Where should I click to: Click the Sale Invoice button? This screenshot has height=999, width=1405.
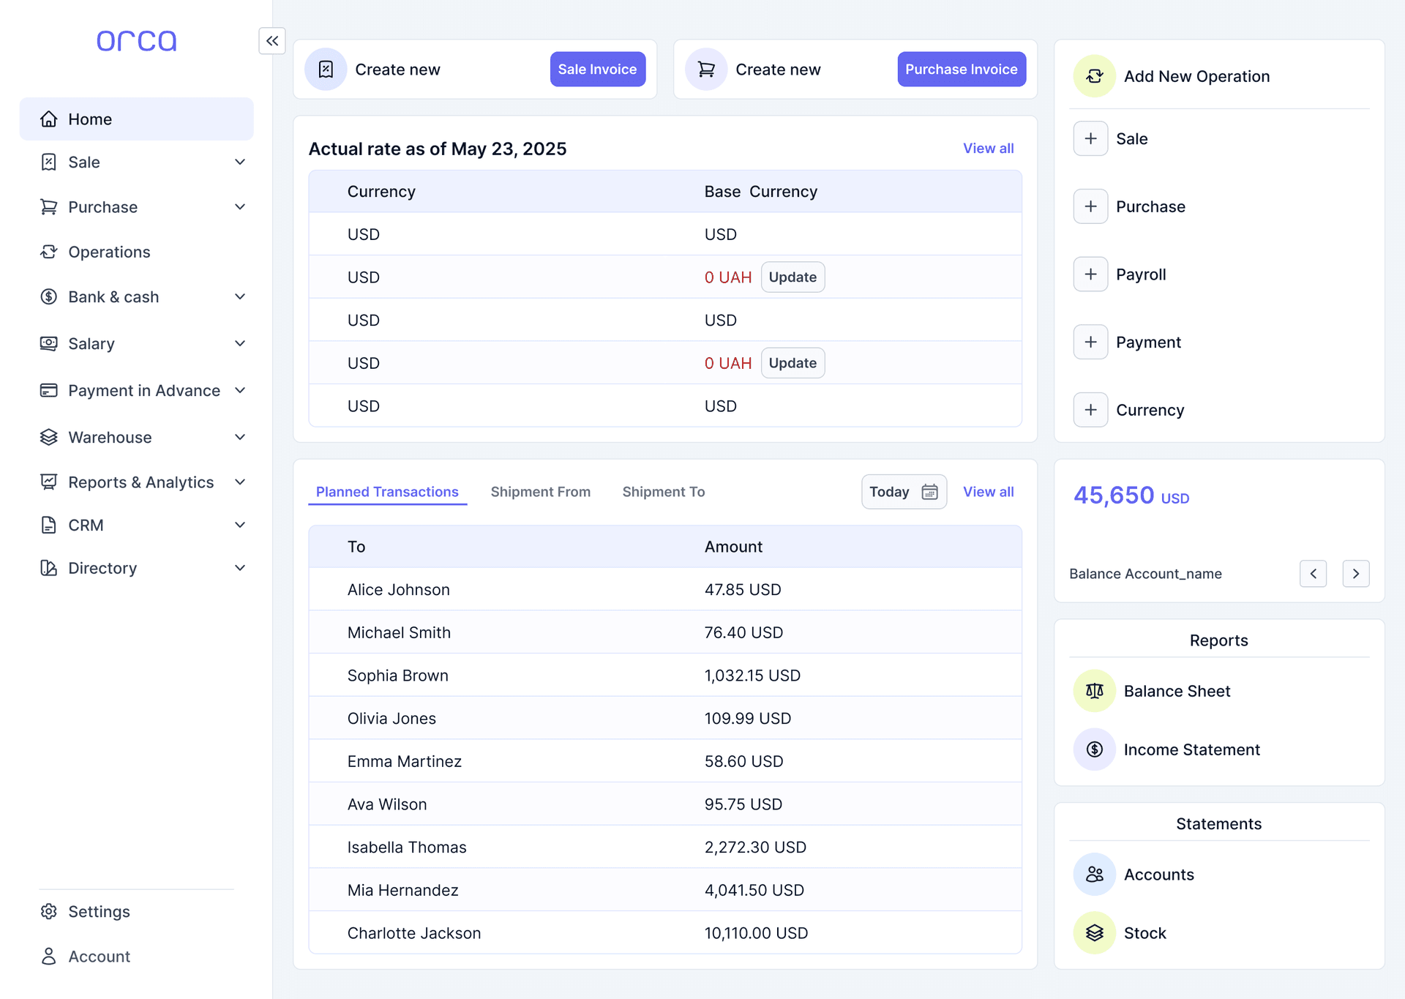[x=597, y=70]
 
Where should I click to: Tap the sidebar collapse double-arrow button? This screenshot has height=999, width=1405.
[x=272, y=41]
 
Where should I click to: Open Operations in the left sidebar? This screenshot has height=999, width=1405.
[x=109, y=252]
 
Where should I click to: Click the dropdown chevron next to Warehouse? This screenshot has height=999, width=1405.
[x=240, y=437]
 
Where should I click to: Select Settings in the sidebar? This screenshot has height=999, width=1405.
[x=99, y=911]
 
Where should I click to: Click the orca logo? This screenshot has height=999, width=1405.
[x=137, y=41]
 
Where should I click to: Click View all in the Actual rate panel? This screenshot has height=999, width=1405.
[x=988, y=149]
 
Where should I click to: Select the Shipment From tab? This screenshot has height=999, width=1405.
[x=540, y=492]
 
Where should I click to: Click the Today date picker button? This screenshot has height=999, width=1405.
[x=904, y=492]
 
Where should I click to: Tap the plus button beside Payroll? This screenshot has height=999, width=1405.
[x=1090, y=274]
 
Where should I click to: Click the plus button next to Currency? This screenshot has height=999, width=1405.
[x=1090, y=410]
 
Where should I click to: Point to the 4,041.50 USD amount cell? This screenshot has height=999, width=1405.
[x=754, y=890]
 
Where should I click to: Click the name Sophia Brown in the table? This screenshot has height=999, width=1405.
[x=397, y=676]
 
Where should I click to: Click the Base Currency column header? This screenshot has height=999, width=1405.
[x=760, y=192]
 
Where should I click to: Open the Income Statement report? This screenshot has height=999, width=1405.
[x=1191, y=749]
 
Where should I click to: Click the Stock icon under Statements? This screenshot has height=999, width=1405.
[x=1094, y=932]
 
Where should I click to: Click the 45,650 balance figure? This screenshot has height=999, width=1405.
[x=1113, y=495]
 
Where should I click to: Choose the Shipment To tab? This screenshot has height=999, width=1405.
[x=663, y=492]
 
